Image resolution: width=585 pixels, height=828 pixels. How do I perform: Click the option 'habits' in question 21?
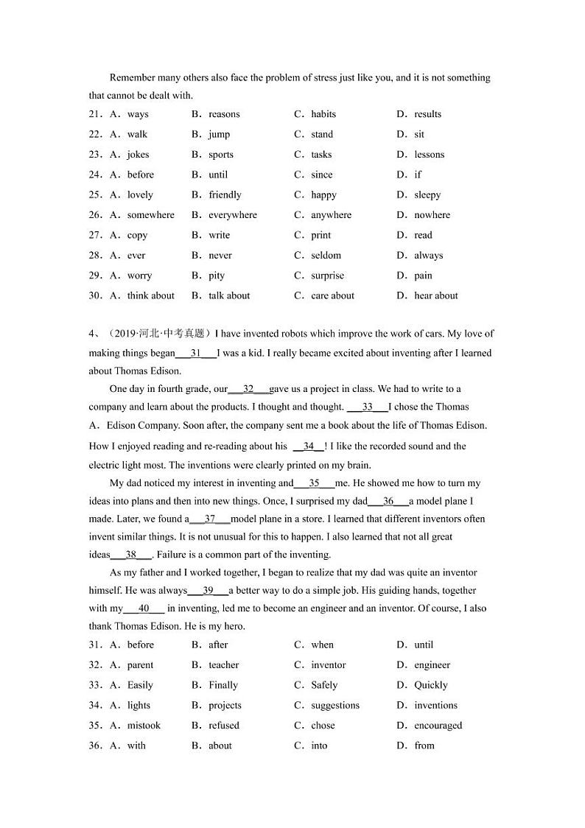[323, 114]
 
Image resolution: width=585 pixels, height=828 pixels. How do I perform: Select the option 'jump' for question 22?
[219, 134]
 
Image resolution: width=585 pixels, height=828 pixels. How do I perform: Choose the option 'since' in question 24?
[321, 175]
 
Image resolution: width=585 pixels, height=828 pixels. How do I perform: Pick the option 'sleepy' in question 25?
[427, 195]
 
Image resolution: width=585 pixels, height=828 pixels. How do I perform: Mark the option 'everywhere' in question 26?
[233, 215]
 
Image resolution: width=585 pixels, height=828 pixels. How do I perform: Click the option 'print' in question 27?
[320, 235]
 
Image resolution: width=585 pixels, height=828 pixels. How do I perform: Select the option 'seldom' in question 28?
[326, 256]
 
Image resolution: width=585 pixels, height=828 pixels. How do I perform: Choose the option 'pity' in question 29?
[217, 276]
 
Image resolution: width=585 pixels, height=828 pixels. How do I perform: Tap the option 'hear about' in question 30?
[435, 295]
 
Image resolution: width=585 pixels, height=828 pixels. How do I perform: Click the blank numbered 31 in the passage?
[196, 353]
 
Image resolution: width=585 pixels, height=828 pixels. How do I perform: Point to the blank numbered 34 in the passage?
[309, 446]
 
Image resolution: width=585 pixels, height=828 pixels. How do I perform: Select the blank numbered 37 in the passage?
[210, 519]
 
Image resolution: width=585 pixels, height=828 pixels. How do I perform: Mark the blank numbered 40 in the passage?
[144, 608]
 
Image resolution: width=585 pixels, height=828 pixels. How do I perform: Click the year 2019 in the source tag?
[123, 334]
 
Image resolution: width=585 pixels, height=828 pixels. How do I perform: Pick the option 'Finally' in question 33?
[223, 685]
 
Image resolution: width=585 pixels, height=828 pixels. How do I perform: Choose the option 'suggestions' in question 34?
[335, 705]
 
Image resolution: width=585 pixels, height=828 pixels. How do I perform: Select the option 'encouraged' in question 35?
[438, 726]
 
